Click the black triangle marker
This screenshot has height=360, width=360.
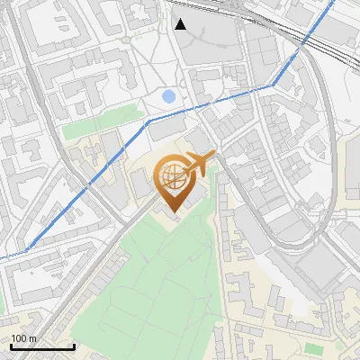pyautogui.click(x=181, y=24)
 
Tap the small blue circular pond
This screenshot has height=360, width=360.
pyautogui.click(x=168, y=95)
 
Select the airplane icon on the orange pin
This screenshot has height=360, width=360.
pyautogui.click(x=200, y=162)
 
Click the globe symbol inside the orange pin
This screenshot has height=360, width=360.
pyautogui.click(x=171, y=175)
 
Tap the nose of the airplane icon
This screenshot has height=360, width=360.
pyautogui.click(x=214, y=156)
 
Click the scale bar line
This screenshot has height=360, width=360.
pyautogui.click(x=42, y=347)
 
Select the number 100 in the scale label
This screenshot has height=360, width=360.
pyautogui.click(x=20, y=338)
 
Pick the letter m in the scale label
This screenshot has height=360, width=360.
pyautogui.click(x=32, y=338)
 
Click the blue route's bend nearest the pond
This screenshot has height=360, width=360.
pyautogui.click(x=149, y=119)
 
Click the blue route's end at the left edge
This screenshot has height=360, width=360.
pyautogui.click(x=2, y=256)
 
